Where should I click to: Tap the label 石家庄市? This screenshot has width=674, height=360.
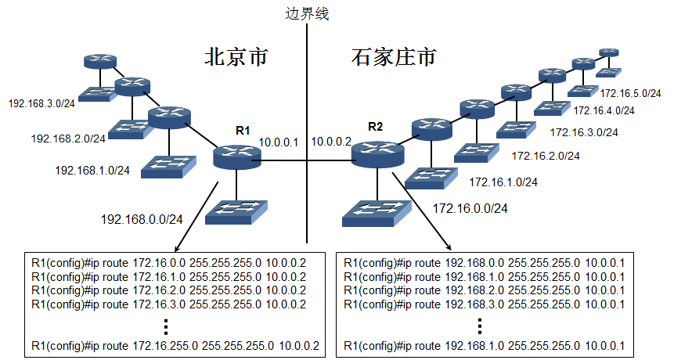pos(393,57)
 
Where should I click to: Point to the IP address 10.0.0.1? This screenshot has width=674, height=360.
pos(279,142)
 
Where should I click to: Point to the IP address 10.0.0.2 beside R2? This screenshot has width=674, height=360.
pos(332,142)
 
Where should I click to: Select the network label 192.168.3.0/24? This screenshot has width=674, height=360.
pos(41,103)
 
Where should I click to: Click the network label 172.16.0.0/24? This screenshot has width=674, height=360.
pos(470,208)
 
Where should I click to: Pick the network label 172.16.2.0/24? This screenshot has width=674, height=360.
pos(546,156)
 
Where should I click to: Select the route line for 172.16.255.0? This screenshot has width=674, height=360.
pos(175,345)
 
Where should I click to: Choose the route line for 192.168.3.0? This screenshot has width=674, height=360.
pos(484,304)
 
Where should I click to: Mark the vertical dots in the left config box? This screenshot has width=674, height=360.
pos(167,326)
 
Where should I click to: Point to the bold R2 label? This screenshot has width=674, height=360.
pos(375,126)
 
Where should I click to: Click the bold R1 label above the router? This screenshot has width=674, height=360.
pos(242,130)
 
